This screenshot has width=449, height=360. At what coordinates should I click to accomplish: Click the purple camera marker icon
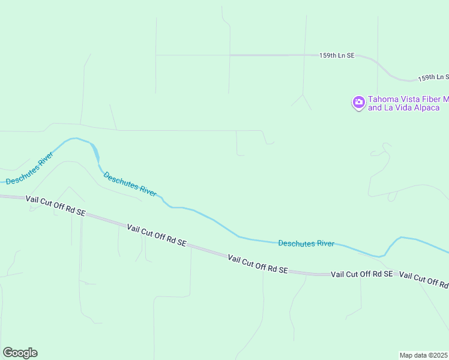[358, 103]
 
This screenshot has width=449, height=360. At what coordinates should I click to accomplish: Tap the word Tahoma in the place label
[382, 99]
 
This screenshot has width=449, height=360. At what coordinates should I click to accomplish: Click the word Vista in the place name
[410, 99]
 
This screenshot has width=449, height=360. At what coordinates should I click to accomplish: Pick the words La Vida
[393, 108]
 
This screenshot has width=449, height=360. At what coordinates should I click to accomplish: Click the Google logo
[20, 353]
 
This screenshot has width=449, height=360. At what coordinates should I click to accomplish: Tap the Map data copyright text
[424, 355]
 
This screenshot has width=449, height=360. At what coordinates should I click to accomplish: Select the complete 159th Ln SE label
[337, 55]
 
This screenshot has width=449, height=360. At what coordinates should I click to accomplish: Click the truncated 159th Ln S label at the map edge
[433, 77]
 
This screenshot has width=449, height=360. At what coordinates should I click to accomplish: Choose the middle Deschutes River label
[130, 185]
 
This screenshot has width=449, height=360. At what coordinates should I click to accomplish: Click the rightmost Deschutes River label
[306, 243]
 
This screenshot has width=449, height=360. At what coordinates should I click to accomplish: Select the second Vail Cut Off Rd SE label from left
[157, 235]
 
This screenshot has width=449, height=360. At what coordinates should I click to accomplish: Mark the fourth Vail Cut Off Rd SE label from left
[361, 274]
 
